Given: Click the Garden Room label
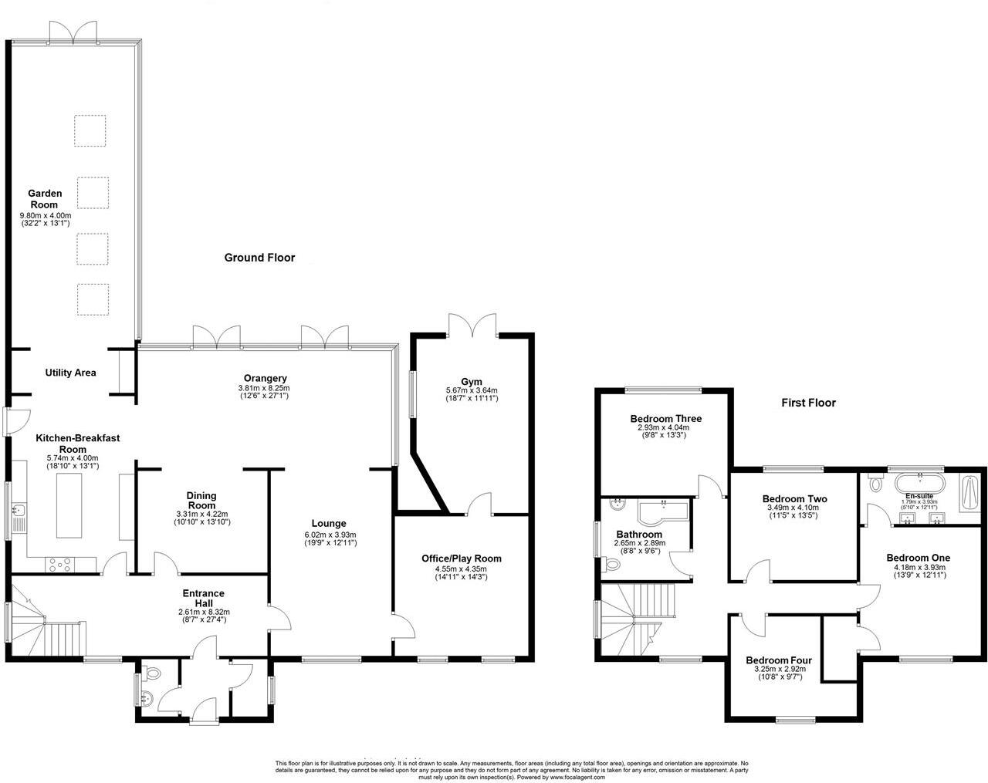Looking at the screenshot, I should (45, 199).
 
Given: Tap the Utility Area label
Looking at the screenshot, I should (70, 373).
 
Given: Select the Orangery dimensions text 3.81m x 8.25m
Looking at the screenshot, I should (263, 388).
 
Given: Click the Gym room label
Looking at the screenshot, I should (472, 381).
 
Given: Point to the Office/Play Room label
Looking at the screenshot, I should (461, 559).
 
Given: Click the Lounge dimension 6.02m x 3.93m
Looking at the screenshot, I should (329, 534).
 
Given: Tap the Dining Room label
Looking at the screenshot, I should (201, 501).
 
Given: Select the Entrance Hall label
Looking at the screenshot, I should (204, 599).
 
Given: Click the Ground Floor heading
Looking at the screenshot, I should (259, 258).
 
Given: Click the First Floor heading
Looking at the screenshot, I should (808, 403).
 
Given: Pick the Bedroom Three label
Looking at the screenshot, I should (665, 419).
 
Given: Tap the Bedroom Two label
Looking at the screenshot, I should (794, 499).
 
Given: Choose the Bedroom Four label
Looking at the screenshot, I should (779, 660).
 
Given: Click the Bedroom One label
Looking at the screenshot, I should (918, 558).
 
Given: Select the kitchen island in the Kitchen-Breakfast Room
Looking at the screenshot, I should (69, 507).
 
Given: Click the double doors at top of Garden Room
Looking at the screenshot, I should (73, 32).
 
